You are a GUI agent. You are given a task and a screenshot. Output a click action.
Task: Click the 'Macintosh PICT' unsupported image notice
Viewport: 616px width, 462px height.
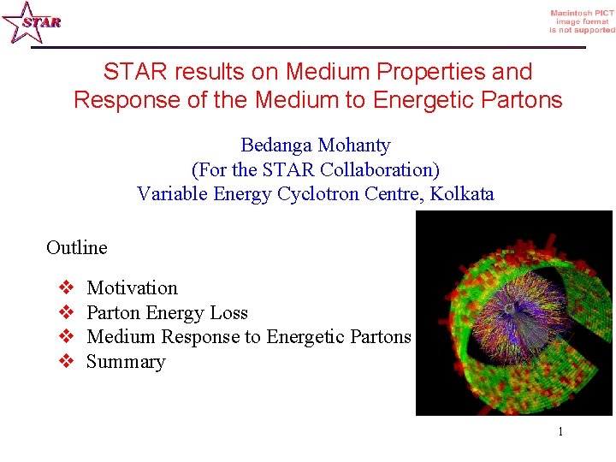(x=582, y=21)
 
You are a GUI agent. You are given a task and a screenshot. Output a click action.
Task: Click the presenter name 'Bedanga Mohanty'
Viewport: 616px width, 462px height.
(x=315, y=145)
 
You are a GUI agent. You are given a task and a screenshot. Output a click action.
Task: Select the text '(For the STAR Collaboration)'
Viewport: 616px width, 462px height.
(x=315, y=169)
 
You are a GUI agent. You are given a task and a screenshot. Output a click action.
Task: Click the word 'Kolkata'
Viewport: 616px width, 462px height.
(x=462, y=193)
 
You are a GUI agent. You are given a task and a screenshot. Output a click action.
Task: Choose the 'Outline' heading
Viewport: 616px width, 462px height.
(x=77, y=247)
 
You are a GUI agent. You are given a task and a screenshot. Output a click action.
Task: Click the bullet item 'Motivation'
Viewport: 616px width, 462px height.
(x=132, y=288)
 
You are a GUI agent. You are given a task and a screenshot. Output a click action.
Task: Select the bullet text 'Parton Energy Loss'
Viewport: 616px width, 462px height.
(x=167, y=312)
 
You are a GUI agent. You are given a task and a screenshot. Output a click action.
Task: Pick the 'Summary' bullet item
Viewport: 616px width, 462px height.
(x=126, y=361)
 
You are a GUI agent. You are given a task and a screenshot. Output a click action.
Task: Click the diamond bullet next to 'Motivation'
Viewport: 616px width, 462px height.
(x=68, y=288)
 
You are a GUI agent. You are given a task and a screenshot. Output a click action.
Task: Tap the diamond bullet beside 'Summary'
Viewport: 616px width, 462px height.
(x=68, y=361)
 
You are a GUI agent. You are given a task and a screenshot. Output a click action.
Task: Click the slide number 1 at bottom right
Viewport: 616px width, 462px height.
(x=560, y=431)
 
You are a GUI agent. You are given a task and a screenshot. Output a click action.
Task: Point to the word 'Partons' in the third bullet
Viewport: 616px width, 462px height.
(x=381, y=336)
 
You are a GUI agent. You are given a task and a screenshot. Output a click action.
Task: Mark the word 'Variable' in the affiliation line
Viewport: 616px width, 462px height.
(x=169, y=193)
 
